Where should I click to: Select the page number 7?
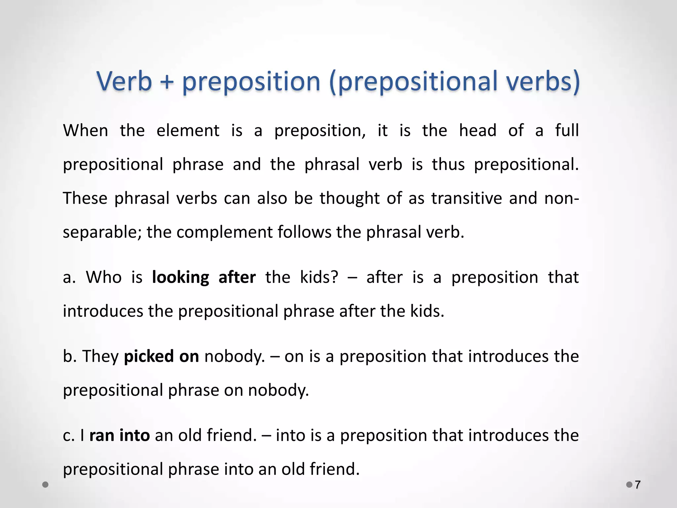638,485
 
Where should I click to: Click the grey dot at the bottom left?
46,485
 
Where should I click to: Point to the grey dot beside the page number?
629,485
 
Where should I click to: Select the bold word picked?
149,357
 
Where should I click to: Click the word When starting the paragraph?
86,130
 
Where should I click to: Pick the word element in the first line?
188,130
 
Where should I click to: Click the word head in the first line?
478,130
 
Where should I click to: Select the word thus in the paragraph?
448,164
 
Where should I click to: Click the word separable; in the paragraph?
102,232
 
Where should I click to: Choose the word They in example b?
100,357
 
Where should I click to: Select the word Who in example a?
104,277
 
